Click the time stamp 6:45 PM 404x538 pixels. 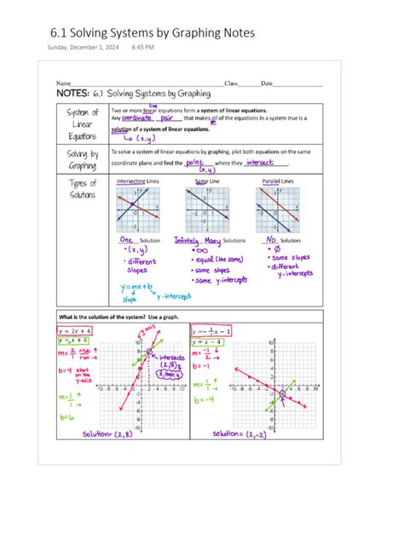pos(143,49)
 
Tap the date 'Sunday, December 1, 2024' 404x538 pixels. pos(83,49)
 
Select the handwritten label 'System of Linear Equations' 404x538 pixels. pos(83,123)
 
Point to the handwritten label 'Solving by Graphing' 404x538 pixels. pos(83,160)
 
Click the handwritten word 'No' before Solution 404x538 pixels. pos(273,241)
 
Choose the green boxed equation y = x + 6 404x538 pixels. pos(74,341)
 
